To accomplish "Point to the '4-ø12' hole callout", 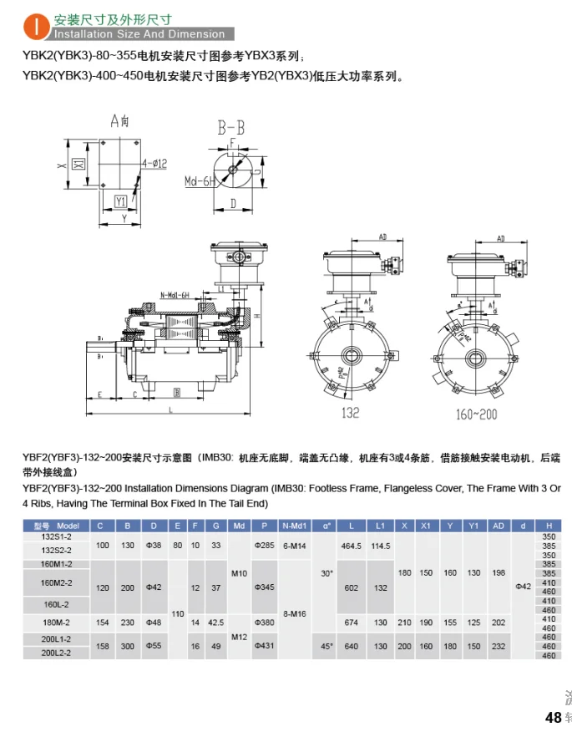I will click(x=154, y=162).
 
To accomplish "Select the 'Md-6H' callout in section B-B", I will click(x=200, y=180).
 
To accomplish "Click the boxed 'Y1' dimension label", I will click(x=120, y=201).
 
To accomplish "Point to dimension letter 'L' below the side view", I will click(x=170, y=409).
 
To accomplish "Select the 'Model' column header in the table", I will click(x=58, y=526).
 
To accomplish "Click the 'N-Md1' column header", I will click(x=295, y=526).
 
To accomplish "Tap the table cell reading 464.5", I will click(x=350, y=545).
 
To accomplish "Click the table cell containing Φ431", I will click(x=264, y=646).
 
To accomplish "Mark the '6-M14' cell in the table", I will click(x=295, y=545).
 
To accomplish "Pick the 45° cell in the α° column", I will click(x=326, y=646).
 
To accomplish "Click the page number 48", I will click(x=553, y=717).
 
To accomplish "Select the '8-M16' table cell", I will click(x=295, y=613).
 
